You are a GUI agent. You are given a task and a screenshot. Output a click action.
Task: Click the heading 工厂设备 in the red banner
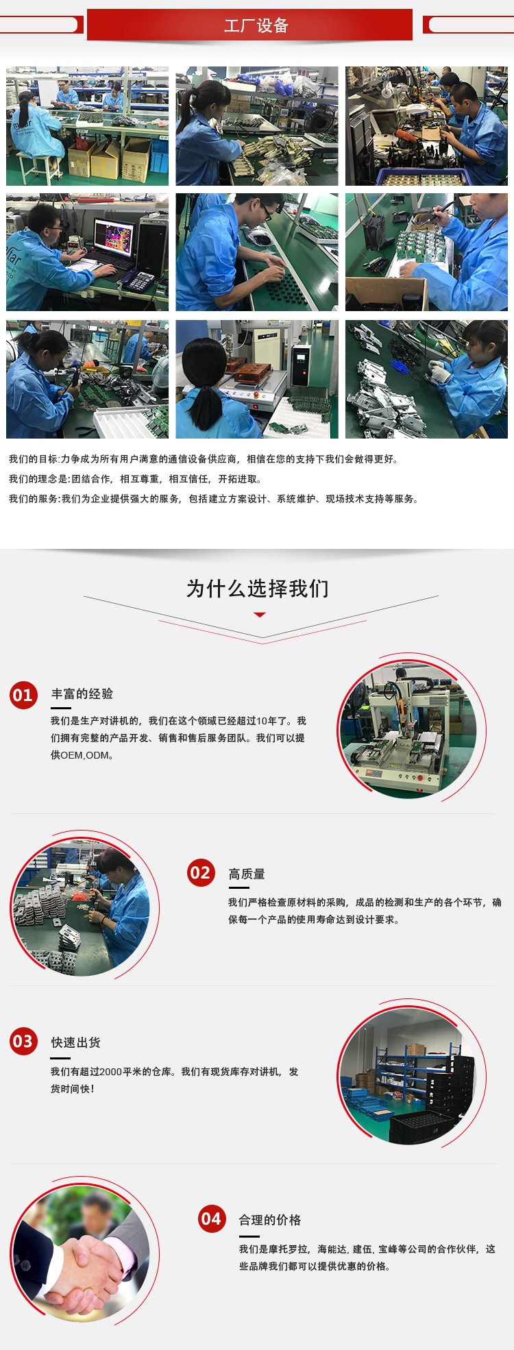pos(256,25)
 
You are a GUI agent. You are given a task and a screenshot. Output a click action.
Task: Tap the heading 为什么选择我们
pos(257,589)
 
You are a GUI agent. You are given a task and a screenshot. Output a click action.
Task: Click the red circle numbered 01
pos(23,696)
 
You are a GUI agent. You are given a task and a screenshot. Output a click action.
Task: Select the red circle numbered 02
pos(201,872)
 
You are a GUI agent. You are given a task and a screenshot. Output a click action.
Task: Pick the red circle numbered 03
pos(23,1042)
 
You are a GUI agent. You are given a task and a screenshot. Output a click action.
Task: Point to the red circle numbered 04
pos(212,1218)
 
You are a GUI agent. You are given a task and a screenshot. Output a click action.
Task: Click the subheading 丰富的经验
pos(82,694)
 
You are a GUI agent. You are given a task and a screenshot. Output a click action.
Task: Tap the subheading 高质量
pos(247,874)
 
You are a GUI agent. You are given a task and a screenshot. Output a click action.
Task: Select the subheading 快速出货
pos(76,1042)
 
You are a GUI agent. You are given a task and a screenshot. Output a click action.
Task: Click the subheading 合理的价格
pos(270,1220)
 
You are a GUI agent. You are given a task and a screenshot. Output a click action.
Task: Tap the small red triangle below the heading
pos(260,615)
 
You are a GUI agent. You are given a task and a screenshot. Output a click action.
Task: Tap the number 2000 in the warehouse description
pos(110,1072)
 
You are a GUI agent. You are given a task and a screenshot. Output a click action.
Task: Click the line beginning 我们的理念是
pos(135,479)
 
